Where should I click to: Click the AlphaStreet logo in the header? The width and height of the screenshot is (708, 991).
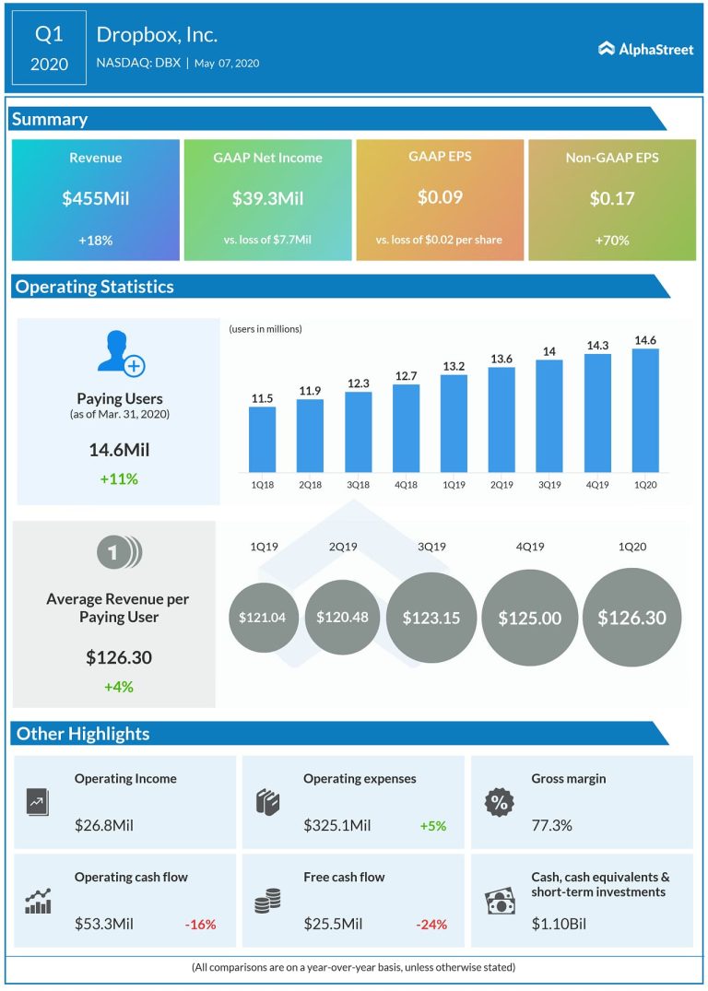point(645,49)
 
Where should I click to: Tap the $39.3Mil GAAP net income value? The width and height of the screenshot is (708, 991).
point(267,197)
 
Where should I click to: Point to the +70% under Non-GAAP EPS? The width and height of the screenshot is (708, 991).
point(611,240)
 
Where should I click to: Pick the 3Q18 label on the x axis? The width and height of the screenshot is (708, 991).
point(359,483)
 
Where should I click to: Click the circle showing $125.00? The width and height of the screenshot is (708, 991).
point(529,618)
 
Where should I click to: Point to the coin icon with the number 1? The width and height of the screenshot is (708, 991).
point(118,553)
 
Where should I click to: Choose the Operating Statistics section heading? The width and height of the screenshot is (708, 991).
point(94,287)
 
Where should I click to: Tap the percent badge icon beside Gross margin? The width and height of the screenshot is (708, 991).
point(499,802)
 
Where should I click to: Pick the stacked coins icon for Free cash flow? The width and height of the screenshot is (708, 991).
point(268,901)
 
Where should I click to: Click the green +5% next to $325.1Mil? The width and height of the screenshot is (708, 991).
point(432,826)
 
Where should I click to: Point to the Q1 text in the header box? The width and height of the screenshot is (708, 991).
point(49,35)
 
